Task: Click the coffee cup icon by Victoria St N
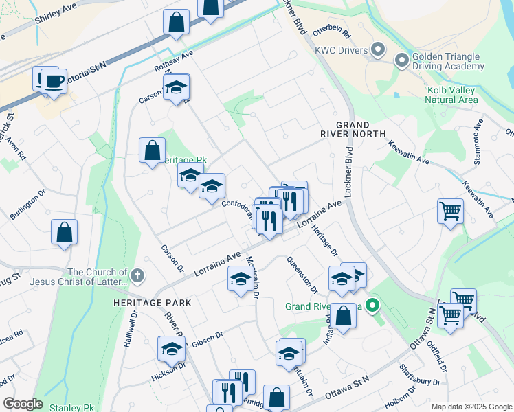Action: [53, 82]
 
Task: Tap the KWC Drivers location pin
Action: [377, 49]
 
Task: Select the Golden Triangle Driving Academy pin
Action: [402, 61]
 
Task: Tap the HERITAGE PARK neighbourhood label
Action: [153, 302]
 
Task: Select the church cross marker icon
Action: [137, 276]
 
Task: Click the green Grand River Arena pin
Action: [372, 305]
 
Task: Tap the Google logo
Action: [23, 404]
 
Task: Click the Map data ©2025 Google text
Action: [471, 407]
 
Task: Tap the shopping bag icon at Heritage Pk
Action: [152, 150]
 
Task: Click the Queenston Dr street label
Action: [301, 271]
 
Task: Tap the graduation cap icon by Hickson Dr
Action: [171, 349]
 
